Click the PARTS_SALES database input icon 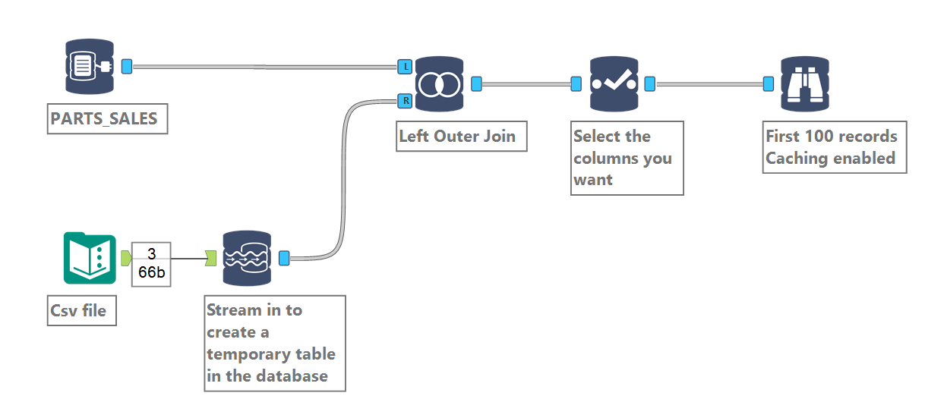pyautogui.click(x=89, y=67)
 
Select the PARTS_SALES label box pyautogui.click(x=107, y=119)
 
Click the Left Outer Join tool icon pyautogui.click(x=439, y=83)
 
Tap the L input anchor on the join pyautogui.click(x=405, y=67)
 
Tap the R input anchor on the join pyautogui.click(x=405, y=99)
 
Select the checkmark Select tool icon pyautogui.click(x=614, y=83)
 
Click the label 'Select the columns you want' pyautogui.click(x=627, y=158)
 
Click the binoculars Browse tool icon pyautogui.click(x=804, y=83)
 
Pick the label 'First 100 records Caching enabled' pyautogui.click(x=834, y=148)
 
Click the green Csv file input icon pyautogui.click(x=89, y=259)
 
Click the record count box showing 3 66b pyautogui.click(x=151, y=264)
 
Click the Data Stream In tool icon pyautogui.click(x=246, y=259)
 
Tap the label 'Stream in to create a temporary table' pyautogui.click(x=274, y=343)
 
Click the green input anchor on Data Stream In pyautogui.click(x=211, y=259)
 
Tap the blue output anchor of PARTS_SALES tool pyautogui.click(x=127, y=67)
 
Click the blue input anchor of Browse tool pyautogui.click(x=769, y=83)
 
